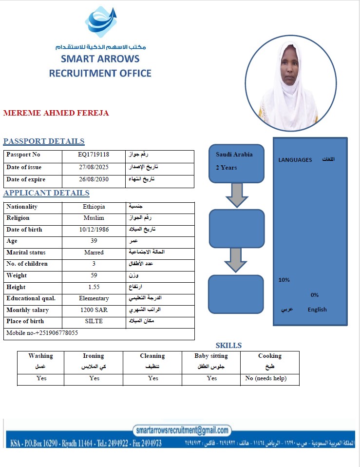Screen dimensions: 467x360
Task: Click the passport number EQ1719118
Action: pyautogui.click(x=94, y=155)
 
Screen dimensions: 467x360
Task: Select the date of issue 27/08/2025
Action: pyautogui.click(x=94, y=167)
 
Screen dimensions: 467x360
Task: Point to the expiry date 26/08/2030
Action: pyautogui.click(x=94, y=179)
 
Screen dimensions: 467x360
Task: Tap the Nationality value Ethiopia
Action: pyautogui.click(x=94, y=207)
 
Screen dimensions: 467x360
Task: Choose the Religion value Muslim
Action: pyautogui.click(x=94, y=218)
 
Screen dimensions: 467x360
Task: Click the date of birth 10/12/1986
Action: pyautogui.click(x=94, y=230)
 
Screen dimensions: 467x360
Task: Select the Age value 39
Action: pyautogui.click(x=94, y=241)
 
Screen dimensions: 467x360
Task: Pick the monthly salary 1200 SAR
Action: pyautogui.click(x=94, y=310)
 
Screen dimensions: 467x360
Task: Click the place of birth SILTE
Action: pyautogui.click(x=94, y=321)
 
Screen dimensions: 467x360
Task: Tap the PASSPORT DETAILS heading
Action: pyautogui.click(x=44, y=141)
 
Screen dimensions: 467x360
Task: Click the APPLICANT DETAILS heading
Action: pyautogui.click(x=46, y=193)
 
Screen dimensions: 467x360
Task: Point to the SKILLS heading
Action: pyautogui.click(x=228, y=345)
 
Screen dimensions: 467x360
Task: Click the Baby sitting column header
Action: pyautogui.click(x=211, y=356)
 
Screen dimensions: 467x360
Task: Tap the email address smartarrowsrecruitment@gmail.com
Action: pyautogui.click(x=182, y=430)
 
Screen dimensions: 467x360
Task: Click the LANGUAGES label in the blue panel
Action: pyautogui.click(x=295, y=160)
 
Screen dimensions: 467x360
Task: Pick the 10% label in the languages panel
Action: pyautogui.click(x=284, y=280)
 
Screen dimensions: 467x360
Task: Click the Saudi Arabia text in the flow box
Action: pyautogui.click(x=234, y=155)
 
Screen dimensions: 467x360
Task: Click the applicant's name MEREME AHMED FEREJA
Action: pyautogui.click(x=56, y=113)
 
